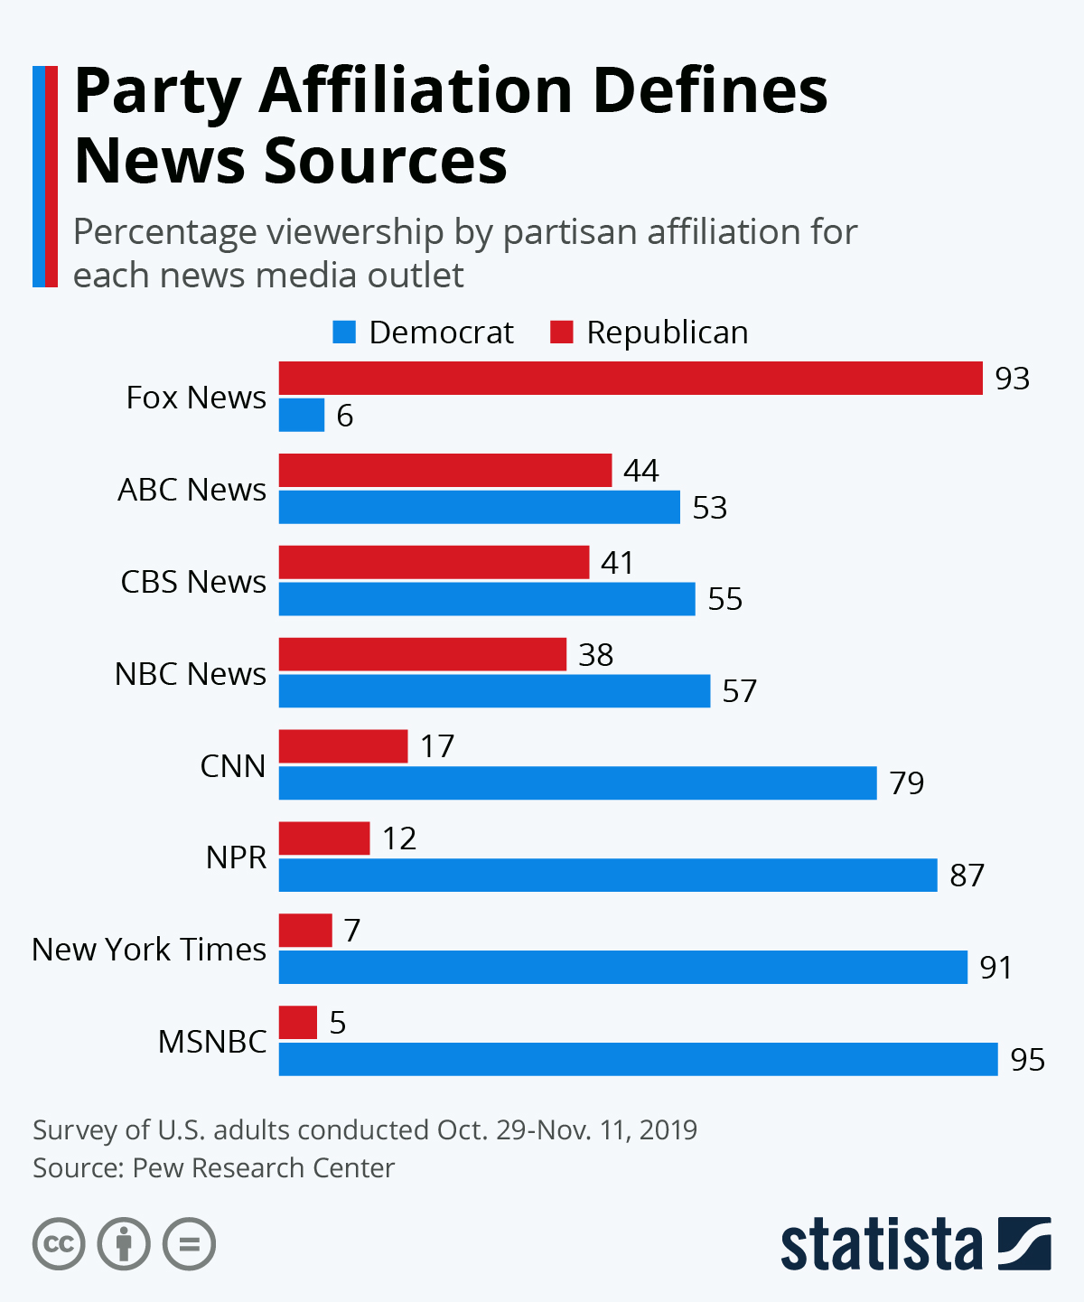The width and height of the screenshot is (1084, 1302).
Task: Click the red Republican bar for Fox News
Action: point(631,379)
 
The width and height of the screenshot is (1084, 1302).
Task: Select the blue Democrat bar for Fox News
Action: point(302,416)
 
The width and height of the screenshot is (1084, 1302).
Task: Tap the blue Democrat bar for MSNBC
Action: point(638,1059)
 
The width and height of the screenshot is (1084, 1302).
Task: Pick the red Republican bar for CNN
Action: point(343,746)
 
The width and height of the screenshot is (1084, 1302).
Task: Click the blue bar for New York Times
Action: point(623,967)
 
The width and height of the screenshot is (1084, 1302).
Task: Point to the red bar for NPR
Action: point(324,838)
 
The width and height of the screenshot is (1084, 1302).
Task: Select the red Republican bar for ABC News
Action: point(445,471)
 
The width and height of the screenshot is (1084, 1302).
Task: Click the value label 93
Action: point(1012,379)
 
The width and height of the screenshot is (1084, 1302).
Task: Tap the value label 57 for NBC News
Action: point(739,691)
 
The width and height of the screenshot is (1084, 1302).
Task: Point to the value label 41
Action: point(617,563)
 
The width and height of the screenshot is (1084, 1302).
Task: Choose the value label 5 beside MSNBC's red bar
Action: point(338,1023)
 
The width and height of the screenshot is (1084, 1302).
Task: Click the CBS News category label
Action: point(193,582)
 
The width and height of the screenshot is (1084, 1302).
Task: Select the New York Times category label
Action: point(149,950)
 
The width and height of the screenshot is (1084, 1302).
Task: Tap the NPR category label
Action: point(236,857)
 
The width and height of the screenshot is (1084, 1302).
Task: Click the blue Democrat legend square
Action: point(344,333)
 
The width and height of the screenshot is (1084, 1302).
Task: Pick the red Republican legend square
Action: point(562,333)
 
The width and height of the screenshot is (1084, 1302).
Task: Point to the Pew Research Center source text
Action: point(263,1168)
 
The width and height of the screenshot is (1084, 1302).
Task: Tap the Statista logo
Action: point(915,1244)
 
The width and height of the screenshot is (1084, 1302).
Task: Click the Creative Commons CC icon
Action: point(59,1244)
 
